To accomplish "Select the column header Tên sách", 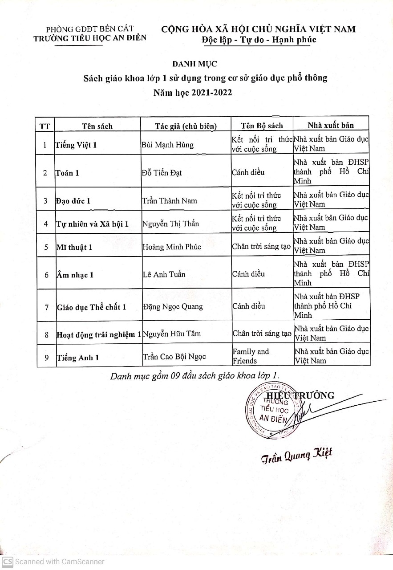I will (x=97, y=126).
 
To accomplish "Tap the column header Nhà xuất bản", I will (x=331, y=125).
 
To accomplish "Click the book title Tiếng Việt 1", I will (x=76, y=145).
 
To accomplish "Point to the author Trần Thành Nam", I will (x=169, y=201).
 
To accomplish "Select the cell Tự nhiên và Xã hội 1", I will (x=92, y=224).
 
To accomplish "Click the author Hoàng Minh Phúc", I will (x=171, y=247).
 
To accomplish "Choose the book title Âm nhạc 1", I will (x=75, y=275).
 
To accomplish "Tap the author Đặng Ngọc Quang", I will (x=173, y=306).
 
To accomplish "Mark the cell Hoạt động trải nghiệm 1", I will (x=98, y=334).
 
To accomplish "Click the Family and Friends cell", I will (x=251, y=356).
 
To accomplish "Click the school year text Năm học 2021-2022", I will (x=193, y=93).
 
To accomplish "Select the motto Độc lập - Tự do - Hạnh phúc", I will (x=259, y=40).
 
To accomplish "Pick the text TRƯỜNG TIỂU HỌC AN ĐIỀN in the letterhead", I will (x=90, y=38).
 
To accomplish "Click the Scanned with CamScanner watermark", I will (x=53, y=562).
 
